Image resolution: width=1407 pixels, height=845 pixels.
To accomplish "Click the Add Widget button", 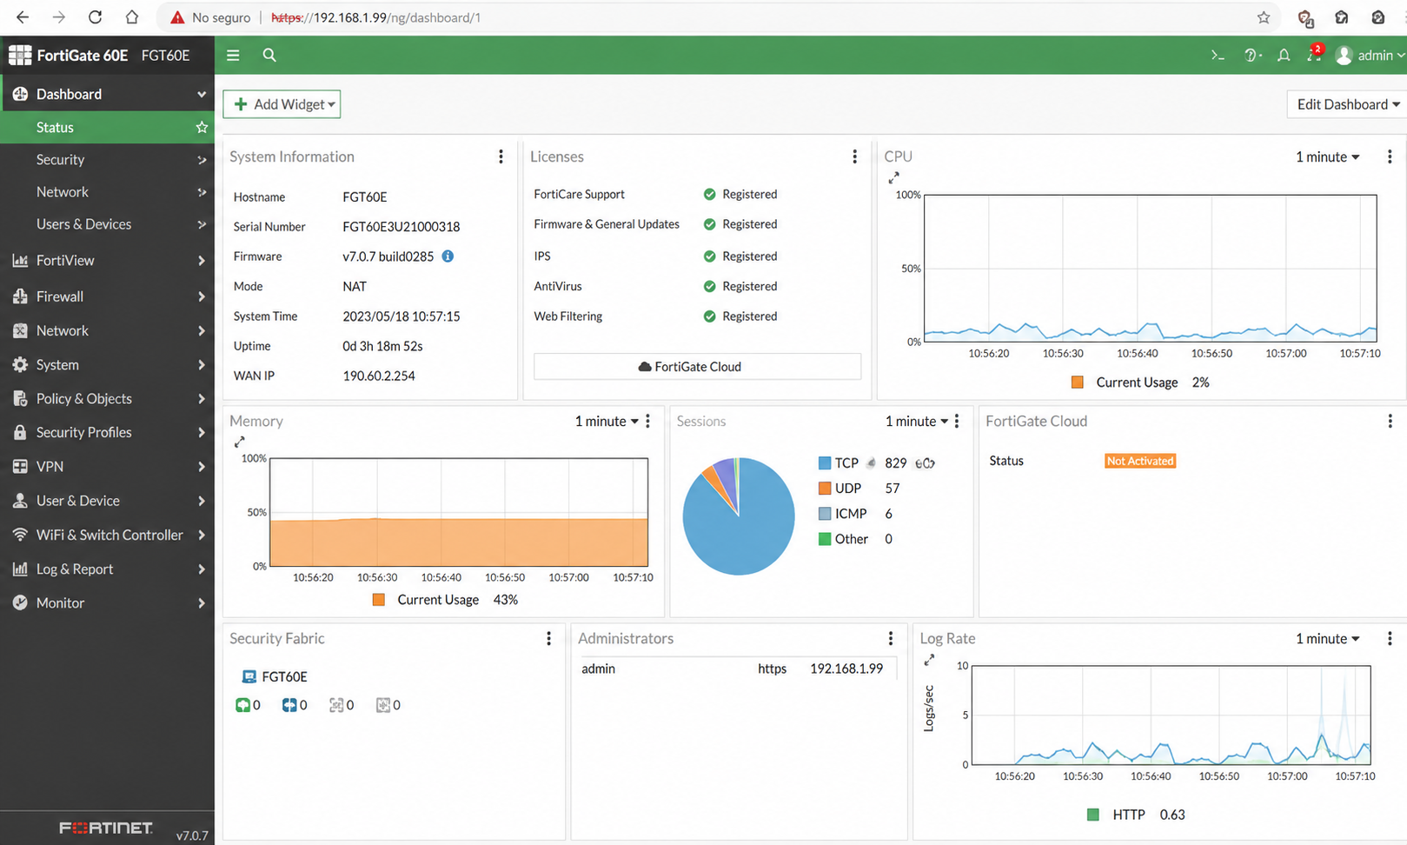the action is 282,104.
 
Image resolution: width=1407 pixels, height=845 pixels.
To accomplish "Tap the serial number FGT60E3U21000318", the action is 401,227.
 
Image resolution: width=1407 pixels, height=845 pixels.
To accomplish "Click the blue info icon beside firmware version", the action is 448,256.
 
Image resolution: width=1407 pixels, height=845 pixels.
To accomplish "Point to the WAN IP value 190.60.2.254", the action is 379,376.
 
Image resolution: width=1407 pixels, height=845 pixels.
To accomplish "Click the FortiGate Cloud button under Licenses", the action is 697,366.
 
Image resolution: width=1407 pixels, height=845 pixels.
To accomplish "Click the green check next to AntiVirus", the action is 710,287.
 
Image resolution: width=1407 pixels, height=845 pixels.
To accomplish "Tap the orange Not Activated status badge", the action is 1140,461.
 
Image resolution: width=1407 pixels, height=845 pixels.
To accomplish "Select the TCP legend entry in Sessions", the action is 839,463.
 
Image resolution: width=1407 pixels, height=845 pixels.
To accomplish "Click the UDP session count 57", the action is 892,489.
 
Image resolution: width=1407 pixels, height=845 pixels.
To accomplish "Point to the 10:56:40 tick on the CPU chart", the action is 1137,353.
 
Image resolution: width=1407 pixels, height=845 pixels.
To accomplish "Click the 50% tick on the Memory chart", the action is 257,512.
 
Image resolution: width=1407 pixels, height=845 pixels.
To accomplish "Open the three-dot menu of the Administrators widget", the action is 891,638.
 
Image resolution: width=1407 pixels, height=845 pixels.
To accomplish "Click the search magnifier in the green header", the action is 269,56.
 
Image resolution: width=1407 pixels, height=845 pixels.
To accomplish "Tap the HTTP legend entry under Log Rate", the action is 1116,815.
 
